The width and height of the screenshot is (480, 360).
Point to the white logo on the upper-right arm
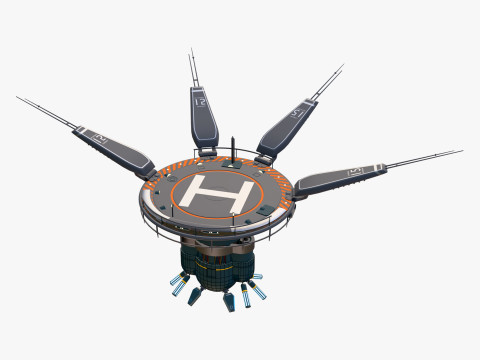point(297,112)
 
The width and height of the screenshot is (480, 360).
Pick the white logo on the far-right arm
point(353,172)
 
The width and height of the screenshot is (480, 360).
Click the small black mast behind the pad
point(232,149)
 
